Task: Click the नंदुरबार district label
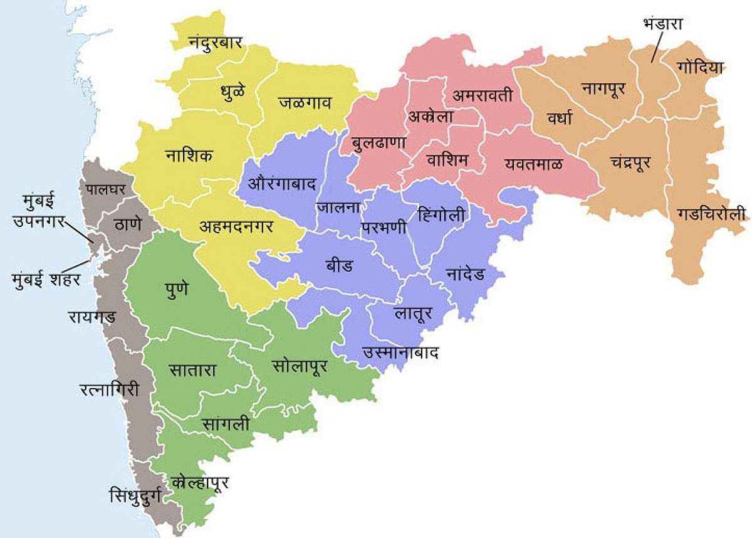214,43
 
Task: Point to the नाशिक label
189,155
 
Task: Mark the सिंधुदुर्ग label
135,494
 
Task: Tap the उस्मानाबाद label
400,352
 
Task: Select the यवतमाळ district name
534,164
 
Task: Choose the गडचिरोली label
711,214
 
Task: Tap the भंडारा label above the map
662,24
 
